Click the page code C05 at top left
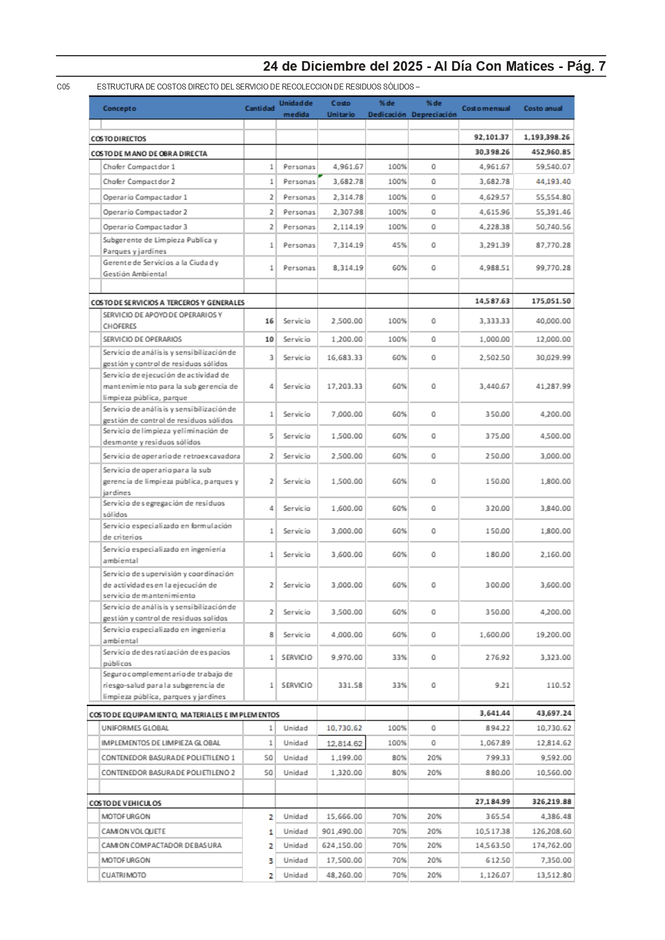click(x=63, y=87)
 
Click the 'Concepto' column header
click(x=119, y=108)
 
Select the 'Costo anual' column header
click(x=543, y=108)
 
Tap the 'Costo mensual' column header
click(x=485, y=108)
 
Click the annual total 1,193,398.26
click(x=547, y=137)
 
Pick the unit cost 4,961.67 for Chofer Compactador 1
click(x=348, y=167)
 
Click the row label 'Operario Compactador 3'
click(x=145, y=227)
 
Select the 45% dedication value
click(x=399, y=245)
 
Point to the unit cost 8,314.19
click(x=348, y=267)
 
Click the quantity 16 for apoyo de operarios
click(x=269, y=321)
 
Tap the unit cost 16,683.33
click(x=345, y=357)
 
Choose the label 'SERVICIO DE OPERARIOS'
click(x=142, y=339)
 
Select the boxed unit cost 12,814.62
click(x=344, y=743)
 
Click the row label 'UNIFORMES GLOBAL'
click(x=135, y=728)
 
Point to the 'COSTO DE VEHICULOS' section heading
click(x=125, y=803)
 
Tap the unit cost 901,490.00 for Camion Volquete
click(x=342, y=831)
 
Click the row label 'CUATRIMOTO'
click(x=123, y=875)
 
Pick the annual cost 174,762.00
click(x=554, y=845)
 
